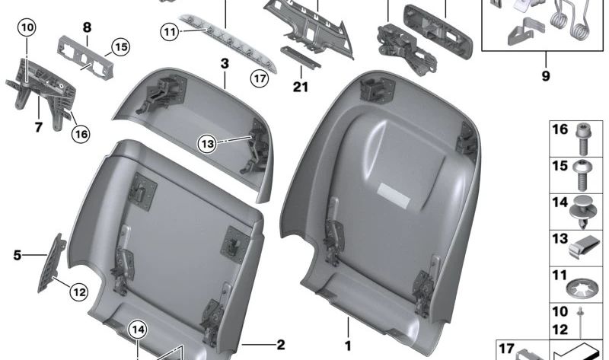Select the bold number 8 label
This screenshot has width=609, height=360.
(x=87, y=28)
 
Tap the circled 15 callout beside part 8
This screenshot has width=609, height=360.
(x=118, y=47)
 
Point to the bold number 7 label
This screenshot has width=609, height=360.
(x=37, y=127)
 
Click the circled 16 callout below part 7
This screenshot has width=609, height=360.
(x=81, y=134)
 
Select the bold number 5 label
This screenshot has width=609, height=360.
(x=17, y=255)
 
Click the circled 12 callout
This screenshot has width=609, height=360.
(x=80, y=290)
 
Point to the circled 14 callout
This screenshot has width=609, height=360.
(x=137, y=330)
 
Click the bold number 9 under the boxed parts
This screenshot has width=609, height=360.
(x=546, y=76)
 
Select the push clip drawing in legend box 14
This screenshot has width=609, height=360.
(x=582, y=210)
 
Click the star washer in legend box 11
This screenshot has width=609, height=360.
(x=582, y=288)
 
